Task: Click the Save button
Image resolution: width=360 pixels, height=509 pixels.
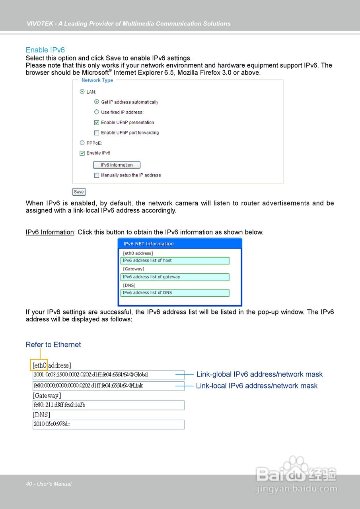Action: pyautogui.click(x=79, y=192)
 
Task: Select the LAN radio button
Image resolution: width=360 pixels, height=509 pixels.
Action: pyautogui.click(x=82, y=92)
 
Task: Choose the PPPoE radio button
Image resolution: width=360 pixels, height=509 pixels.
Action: pyautogui.click(x=82, y=143)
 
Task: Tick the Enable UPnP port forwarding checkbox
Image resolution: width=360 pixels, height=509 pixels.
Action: pyautogui.click(x=96, y=133)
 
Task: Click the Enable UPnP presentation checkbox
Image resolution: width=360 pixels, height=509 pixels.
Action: pyautogui.click(x=96, y=122)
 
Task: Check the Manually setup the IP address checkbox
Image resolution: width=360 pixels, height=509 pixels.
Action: pyautogui.click(x=96, y=175)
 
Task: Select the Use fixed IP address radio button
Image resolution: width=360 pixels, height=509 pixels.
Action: pyautogui.click(x=96, y=112)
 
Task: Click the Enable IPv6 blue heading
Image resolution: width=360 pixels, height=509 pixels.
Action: pyautogui.click(x=45, y=50)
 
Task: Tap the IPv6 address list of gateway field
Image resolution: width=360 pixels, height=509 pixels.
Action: pyautogui.click(x=175, y=277)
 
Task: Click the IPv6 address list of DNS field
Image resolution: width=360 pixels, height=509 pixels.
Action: pyautogui.click(x=175, y=293)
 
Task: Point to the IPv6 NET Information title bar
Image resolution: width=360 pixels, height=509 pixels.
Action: pyautogui.click(x=180, y=244)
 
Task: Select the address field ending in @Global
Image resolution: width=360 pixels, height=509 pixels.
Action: pyautogui.click(x=108, y=375)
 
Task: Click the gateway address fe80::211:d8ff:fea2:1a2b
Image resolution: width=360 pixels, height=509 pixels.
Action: pyautogui.click(x=108, y=405)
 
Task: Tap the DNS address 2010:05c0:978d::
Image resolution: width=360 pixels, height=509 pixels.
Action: pyautogui.click(x=108, y=424)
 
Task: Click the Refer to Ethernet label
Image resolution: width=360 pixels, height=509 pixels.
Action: pyautogui.click(x=53, y=345)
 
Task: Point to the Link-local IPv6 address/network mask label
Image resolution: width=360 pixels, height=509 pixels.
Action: pyautogui.click(x=257, y=386)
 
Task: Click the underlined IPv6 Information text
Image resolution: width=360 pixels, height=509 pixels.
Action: pyautogui.click(x=50, y=232)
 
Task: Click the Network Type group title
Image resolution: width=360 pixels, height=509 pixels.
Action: pyautogui.click(x=97, y=80)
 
